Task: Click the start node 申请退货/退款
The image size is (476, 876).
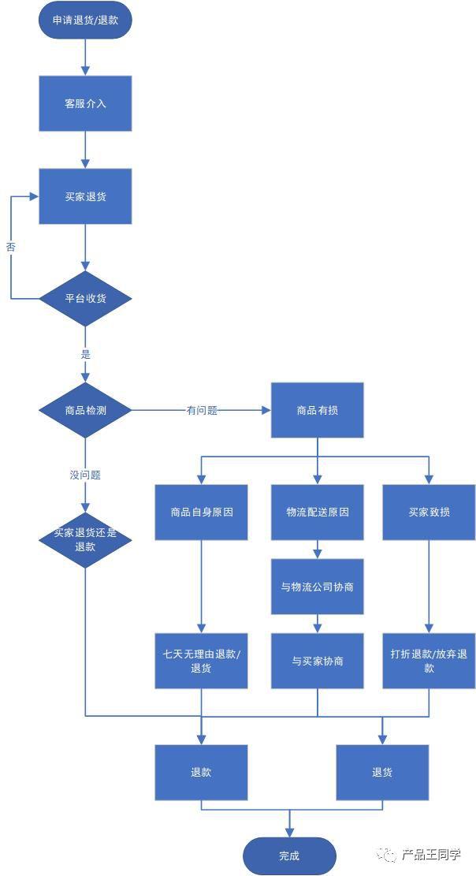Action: (x=85, y=21)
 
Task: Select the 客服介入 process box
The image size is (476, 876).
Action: (x=85, y=103)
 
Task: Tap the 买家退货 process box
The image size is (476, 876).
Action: (x=85, y=196)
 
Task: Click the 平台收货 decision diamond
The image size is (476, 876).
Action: (x=85, y=299)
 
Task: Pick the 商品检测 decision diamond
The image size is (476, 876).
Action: (x=85, y=410)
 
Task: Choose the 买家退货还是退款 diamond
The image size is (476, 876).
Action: (x=85, y=539)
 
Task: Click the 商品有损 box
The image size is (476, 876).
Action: (x=318, y=410)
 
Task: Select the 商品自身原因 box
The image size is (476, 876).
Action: (x=202, y=512)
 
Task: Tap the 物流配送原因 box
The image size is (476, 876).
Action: (x=318, y=512)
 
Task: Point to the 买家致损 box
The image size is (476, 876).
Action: (x=430, y=512)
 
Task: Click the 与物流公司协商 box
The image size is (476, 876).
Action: (x=318, y=587)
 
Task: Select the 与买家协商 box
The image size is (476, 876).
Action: (x=318, y=661)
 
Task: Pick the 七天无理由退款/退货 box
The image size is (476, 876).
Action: (x=202, y=661)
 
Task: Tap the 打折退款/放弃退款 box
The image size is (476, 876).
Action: (x=430, y=661)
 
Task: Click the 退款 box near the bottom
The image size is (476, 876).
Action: (x=202, y=773)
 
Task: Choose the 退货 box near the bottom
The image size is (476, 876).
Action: (x=382, y=773)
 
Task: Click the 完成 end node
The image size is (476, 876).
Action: (x=289, y=855)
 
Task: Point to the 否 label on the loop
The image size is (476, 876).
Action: (x=11, y=247)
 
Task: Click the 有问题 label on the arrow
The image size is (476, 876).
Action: (x=202, y=411)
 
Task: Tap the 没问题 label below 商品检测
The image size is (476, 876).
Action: (x=85, y=475)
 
